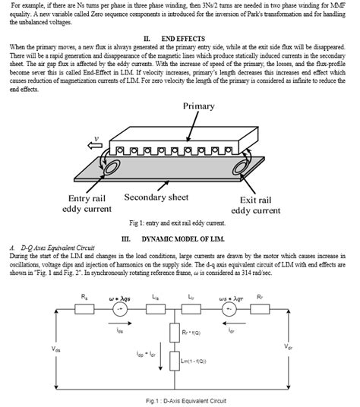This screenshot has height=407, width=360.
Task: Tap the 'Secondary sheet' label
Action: click(x=156, y=197)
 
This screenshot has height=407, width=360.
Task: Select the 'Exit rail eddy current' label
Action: click(x=261, y=204)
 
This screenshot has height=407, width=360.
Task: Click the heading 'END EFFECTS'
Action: click(x=181, y=37)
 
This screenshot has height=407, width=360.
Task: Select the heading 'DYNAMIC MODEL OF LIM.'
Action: click(x=182, y=238)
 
